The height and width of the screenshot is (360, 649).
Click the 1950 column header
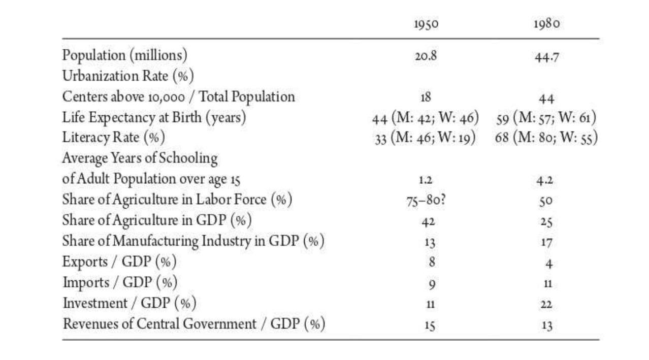[426, 24]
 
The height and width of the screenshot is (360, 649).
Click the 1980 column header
[546, 24]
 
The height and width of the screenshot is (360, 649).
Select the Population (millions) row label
[125, 55]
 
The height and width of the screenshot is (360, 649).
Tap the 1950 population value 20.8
[426, 55]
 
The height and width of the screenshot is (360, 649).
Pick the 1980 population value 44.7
[546, 57]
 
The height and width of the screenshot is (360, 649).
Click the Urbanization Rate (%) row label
[128, 76]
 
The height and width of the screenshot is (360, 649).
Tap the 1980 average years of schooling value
[546, 180]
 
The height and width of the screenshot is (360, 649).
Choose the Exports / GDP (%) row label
[119, 262]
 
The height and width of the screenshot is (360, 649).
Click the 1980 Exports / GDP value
[548, 264]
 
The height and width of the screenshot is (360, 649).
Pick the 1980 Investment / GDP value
[546, 305]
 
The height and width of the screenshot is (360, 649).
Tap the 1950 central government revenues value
[430, 325]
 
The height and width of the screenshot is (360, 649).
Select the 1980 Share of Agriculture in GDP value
[546, 222]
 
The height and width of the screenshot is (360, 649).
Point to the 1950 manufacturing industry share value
[430, 243]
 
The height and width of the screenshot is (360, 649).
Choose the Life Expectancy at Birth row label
[154, 118]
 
